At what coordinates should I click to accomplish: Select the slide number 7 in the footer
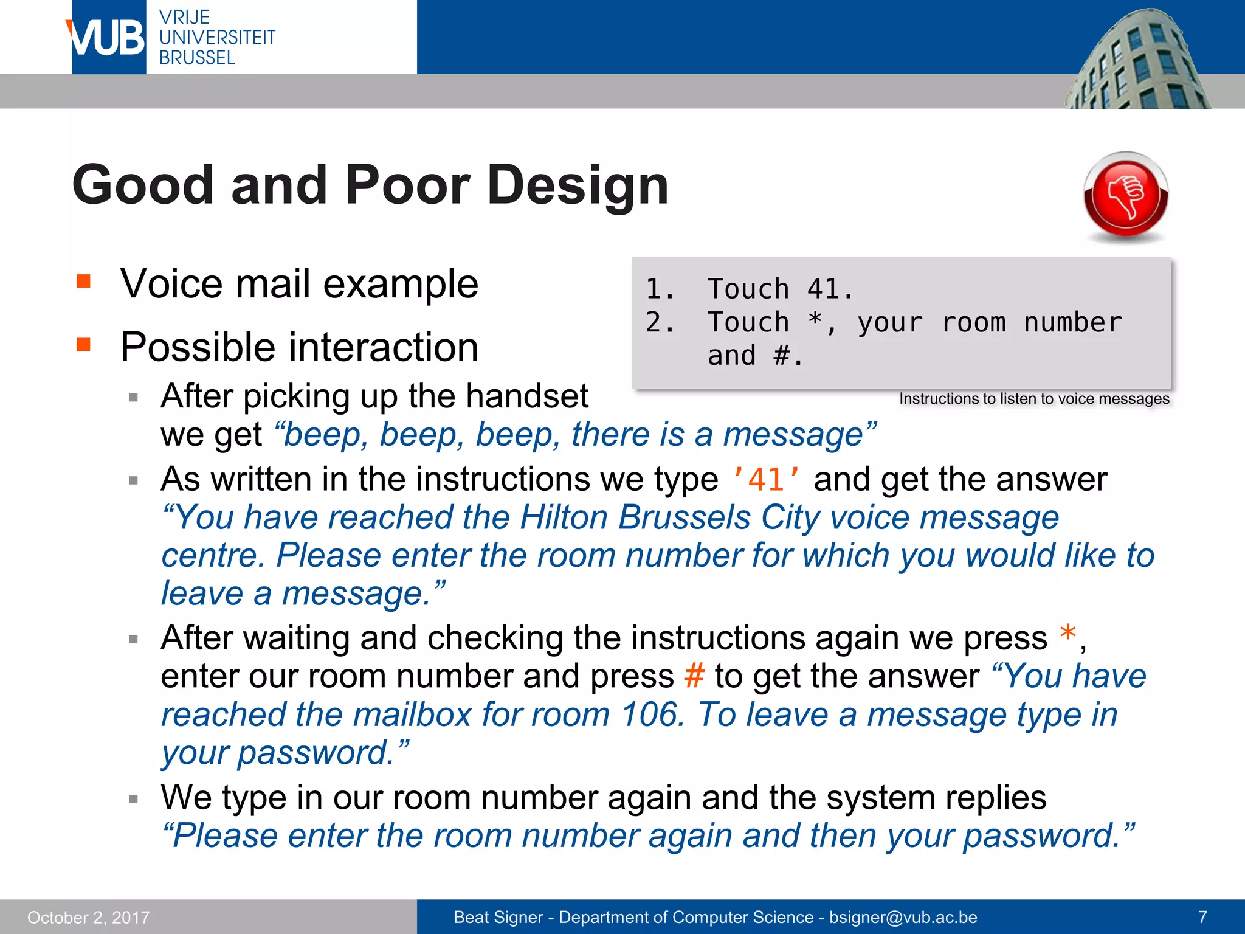point(1202,917)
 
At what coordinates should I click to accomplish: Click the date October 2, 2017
point(88,917)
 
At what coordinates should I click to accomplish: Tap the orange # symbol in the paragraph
point(694,676)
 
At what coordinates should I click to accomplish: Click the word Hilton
point(564,518)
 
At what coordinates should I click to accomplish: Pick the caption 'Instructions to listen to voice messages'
point(1033,399)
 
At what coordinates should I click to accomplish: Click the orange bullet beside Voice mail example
point(83,281)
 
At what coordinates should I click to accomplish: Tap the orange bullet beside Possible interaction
point(83,345)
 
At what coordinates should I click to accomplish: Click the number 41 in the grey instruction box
point(823,289)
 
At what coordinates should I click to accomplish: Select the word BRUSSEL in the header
point(197,58)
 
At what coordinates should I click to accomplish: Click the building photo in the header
point(1137,61)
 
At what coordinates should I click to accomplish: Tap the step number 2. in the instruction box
point(659,322)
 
